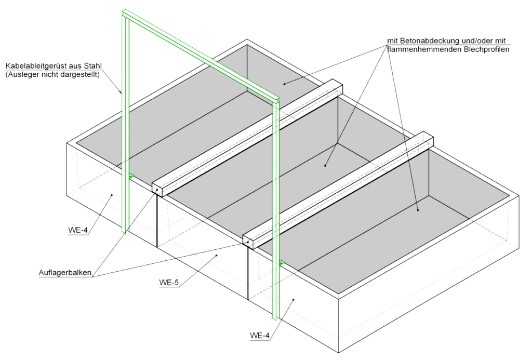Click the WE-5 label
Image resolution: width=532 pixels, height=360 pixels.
pos(169,282)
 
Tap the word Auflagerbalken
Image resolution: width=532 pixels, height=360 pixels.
pos(65,272)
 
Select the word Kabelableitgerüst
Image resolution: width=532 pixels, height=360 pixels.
pos(34,66)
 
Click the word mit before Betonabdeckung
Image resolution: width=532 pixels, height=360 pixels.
pos(393,41)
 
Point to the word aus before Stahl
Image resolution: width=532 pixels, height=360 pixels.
pos(73,66)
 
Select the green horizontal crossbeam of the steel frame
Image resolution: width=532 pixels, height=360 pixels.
pos(201,56)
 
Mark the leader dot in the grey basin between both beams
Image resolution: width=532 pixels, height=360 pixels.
pos(325,166)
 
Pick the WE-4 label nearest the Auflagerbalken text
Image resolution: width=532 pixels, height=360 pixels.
pos(78,230)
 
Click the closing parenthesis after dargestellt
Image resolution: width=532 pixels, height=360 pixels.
pos(98,75)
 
